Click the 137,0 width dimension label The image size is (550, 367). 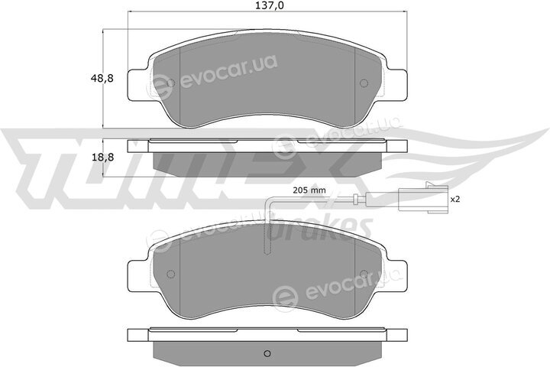coord(268,5)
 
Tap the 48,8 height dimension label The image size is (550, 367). coord(102,79)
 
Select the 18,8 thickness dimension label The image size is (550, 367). coord(102,158)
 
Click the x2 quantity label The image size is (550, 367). coord(455,200)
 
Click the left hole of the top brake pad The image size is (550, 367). coord(172,83)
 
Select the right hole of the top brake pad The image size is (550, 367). coord(364,83)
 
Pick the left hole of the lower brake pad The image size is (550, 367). coord(172,274)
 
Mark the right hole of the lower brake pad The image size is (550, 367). coord(364,274)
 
